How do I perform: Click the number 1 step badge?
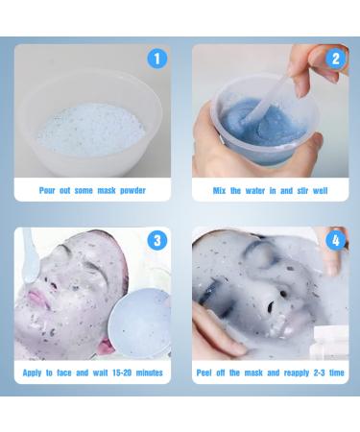pos(157,59)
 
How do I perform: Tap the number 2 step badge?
pos(334,59)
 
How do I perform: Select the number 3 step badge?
pos(157,240)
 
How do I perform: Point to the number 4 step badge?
pos(334,240)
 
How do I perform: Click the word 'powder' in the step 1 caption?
pos(129,191)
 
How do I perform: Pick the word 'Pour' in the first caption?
pos(48,191)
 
